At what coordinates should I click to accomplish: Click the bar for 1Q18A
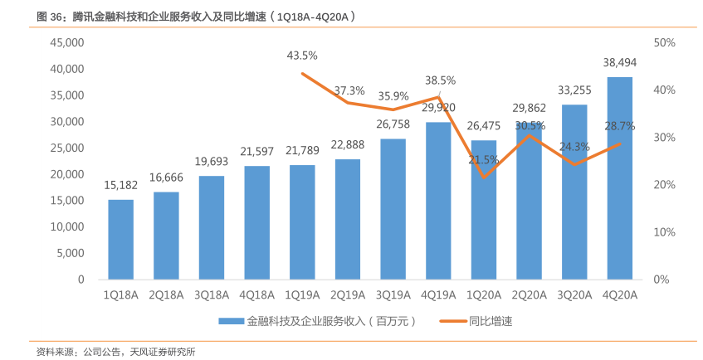pyautogui.click(x=120, y=240)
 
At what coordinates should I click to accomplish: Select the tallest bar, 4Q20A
pyautogui.click(x=619, y=178)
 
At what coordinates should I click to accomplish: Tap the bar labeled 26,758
pyautogui.click(x=393, y=209)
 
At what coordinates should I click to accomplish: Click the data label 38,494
pyautogui.click(x=619, y=62)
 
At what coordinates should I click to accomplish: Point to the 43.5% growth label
pyautogui.click(x=302, y=56)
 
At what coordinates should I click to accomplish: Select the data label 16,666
pyautogui.click(x=166, y=178)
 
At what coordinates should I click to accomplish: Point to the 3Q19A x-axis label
pyautogui.click(x=393, y=294)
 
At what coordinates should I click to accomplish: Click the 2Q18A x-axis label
pyautogui.click(x=166, y=294)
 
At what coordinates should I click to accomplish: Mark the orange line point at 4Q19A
pyautogui.click(x=438, y=97)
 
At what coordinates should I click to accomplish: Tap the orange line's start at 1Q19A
pyautogui.click(x=302, y=74)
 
